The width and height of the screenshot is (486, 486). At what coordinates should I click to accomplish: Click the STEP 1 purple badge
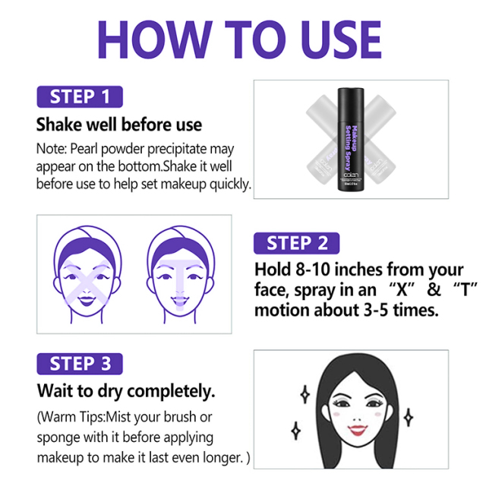(x=79, y=97)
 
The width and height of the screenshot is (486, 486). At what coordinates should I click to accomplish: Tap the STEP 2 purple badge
(x=296, y=243)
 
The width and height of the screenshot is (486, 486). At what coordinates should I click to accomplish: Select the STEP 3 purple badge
(x=79, y=364)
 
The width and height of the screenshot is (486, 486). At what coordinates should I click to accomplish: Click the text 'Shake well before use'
(x=119, y=125)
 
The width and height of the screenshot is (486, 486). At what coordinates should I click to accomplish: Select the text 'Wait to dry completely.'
(x=126, y=391)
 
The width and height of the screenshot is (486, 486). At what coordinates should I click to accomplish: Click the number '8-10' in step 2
(x=314, y=270)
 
